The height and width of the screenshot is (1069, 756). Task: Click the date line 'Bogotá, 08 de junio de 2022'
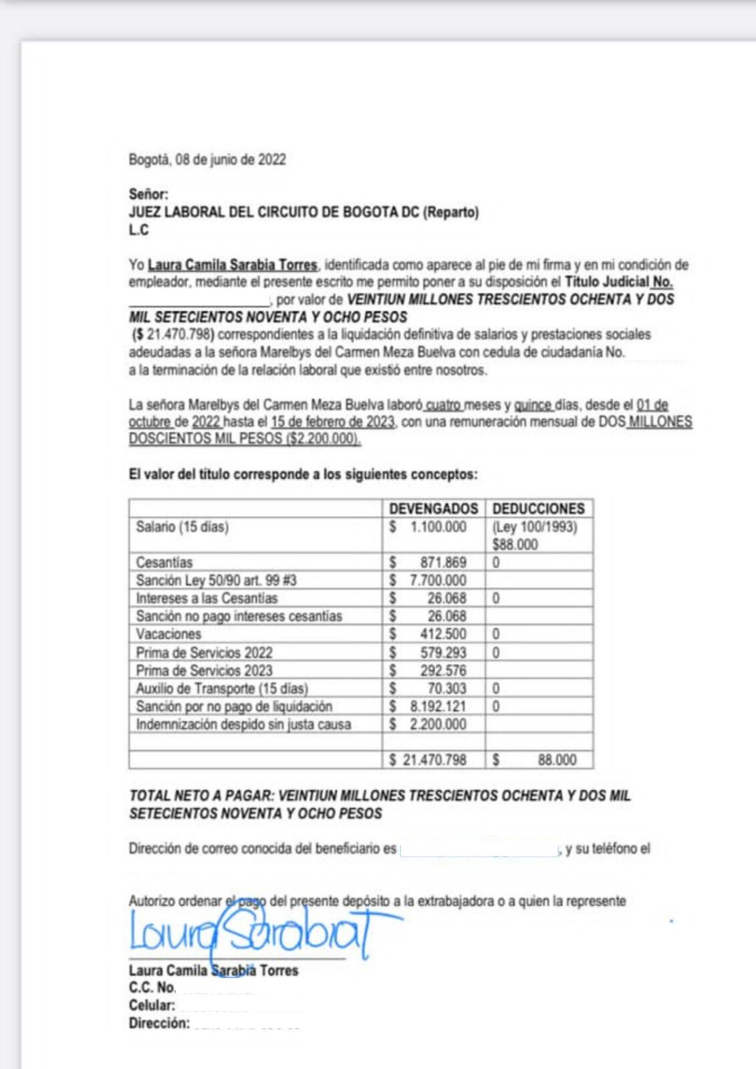[x=207, y=160]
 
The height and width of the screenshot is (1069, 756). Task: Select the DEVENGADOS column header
[x=433, y=508]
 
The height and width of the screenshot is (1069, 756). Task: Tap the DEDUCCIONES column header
[x=538, y=508]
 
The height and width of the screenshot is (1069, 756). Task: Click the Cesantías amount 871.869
[x=443, y=563]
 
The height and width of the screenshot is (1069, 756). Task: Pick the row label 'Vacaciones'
[x=168, y=634]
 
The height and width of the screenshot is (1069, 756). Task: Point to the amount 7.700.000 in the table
[x=438, y=581]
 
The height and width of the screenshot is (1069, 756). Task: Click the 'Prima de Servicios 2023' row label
[x=204, y=670]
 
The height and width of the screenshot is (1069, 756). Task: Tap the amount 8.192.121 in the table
[x=438, y=706]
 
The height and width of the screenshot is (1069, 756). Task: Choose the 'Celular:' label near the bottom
[x=152, y=1006]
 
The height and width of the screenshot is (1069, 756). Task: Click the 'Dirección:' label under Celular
[x=159, y=1024]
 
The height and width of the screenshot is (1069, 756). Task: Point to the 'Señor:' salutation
[x=148, y=194]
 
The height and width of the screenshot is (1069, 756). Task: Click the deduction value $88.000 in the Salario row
[x=515, y=545]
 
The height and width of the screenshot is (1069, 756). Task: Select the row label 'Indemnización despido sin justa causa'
[x=243, y=724]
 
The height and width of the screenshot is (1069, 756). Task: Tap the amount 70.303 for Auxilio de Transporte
[x=447, y=688]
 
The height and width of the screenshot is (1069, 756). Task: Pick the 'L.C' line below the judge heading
[x=138, y=231]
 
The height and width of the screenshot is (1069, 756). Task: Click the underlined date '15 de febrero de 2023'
[x=332, y=422]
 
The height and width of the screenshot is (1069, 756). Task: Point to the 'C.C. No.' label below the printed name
[x=152, y=987]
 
